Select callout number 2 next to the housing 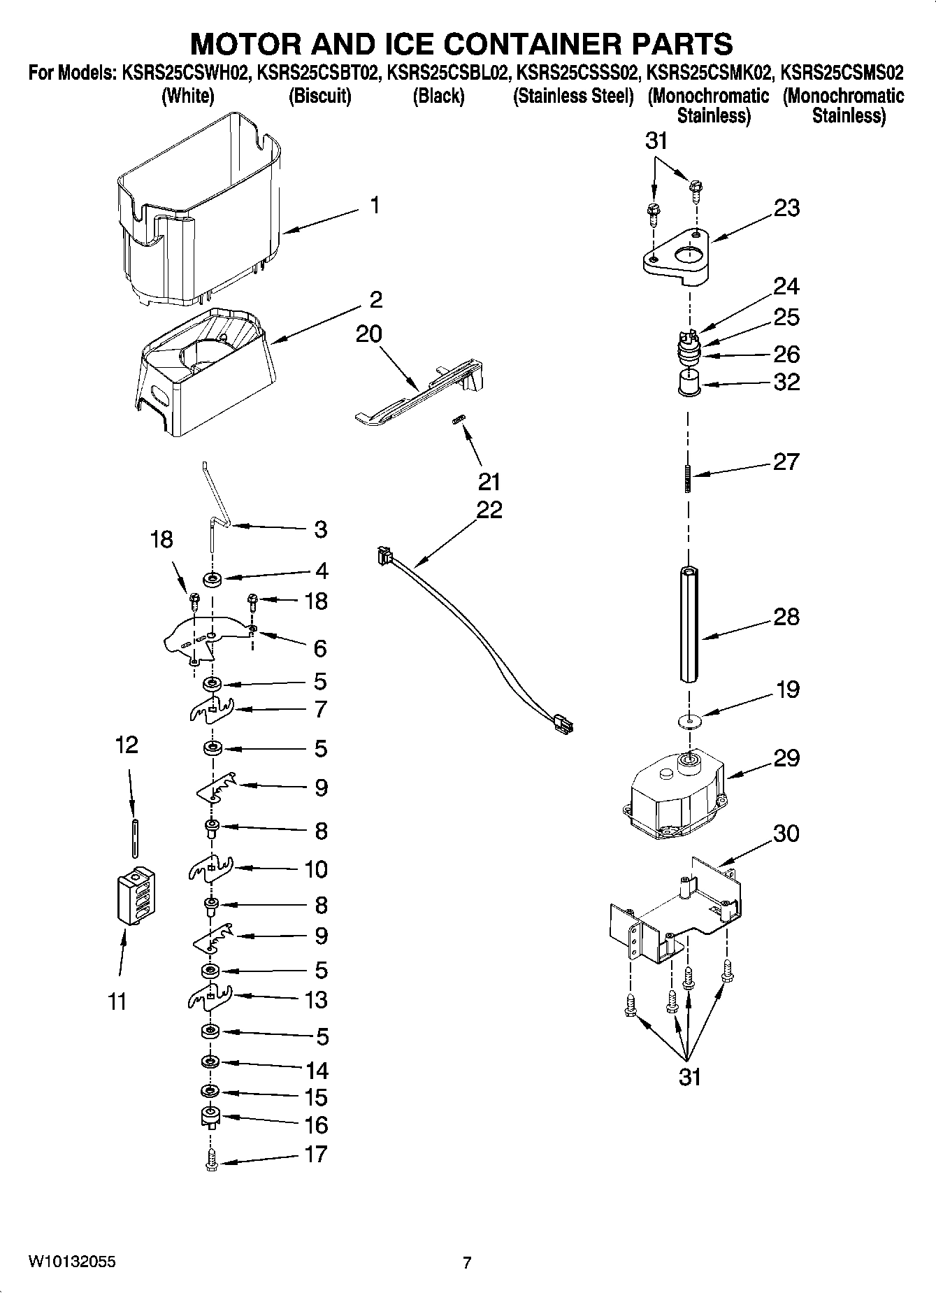[x=375, y=300]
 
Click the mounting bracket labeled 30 [x=675, y=909]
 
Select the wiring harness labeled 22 [x=475, y=636]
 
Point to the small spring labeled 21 [x=459, y=420]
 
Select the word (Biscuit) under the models [x=319, y=97]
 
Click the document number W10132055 [x=72, y=1262]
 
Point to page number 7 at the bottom [x=466, y=1262]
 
